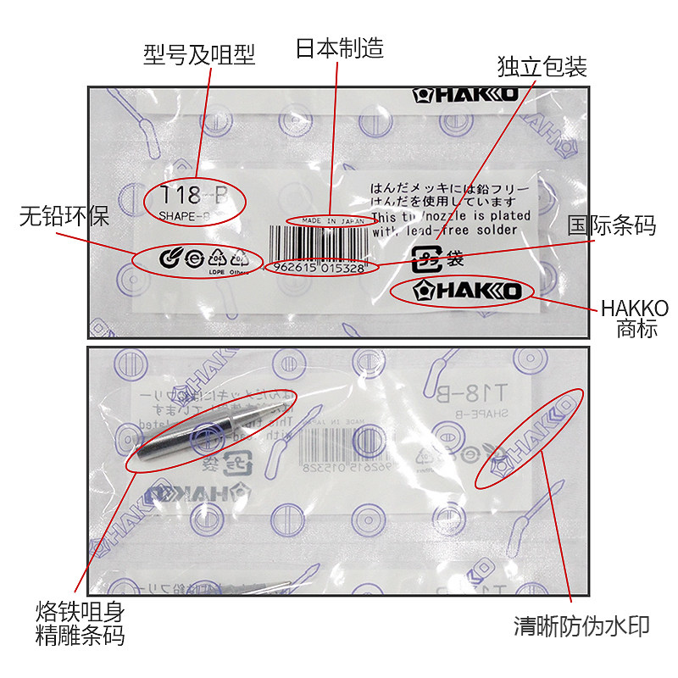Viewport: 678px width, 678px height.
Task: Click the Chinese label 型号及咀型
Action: (x=199, y=55)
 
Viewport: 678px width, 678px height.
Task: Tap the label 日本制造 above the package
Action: (x=339, y=47)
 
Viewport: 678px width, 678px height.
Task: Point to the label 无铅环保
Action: (x=64, y=217)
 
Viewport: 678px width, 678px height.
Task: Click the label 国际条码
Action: (x=613, y=226)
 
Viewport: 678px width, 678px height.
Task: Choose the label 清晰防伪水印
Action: (x=581, y=627)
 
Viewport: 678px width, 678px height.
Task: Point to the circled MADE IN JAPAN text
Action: (x=328, y=221)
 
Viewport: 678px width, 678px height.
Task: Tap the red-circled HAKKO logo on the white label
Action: (x=463, y=292)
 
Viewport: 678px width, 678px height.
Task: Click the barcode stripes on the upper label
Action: (x=320, y=244)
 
